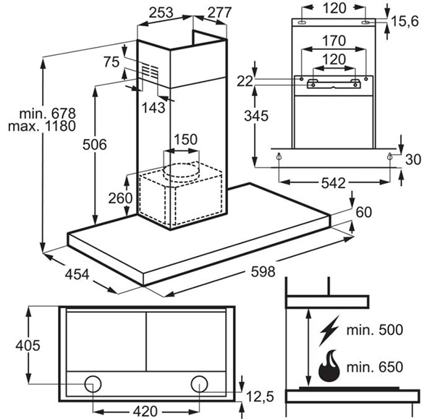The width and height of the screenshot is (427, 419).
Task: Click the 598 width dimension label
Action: coord(263,271)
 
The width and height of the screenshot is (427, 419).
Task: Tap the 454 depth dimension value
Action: coord(77,274)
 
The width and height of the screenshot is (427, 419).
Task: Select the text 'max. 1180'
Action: coord(42,126)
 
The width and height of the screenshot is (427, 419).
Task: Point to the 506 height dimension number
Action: coord(95,144)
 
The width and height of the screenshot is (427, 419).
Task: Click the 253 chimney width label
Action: coord(161,12)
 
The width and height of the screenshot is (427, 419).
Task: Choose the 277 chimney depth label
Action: coord(219,12)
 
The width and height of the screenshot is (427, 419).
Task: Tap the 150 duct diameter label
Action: coord(185,140)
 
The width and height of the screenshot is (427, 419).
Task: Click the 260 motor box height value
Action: coord(120,198)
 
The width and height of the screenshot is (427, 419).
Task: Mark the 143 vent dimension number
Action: coord(153,108)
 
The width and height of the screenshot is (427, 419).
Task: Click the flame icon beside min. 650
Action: coord(329,366)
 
